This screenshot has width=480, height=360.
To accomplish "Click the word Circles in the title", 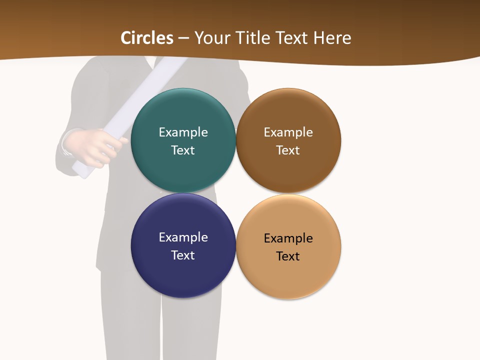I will [147, 38].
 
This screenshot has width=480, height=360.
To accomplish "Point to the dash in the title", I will [183, 38].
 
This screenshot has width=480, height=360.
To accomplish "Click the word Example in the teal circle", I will [183, 132].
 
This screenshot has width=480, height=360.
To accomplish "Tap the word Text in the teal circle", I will [183, 150].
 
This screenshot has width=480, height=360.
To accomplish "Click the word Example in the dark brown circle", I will [288, 132].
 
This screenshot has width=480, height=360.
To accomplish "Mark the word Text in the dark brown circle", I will [288, 150].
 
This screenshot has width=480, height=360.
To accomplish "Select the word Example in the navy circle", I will [183, 237].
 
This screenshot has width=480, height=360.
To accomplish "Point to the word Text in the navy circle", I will [183, 255].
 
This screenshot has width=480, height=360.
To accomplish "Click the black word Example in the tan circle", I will [288, 238].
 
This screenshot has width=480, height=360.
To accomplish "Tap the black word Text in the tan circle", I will [288, 256].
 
